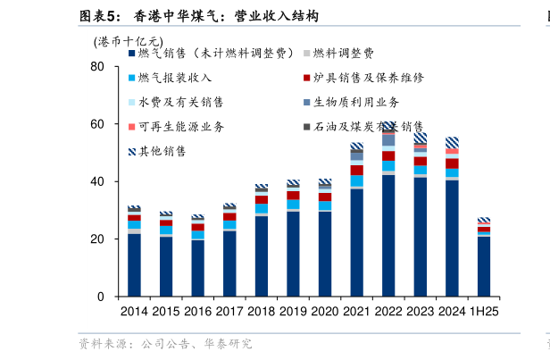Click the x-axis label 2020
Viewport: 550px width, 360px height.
click(324, 311)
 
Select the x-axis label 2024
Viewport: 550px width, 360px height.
click(452, 311)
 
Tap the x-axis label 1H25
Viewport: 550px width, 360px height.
click(484, 311)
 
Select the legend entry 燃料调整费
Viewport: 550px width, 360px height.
click(343, 54)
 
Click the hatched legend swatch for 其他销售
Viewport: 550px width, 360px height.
click(132, 151)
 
